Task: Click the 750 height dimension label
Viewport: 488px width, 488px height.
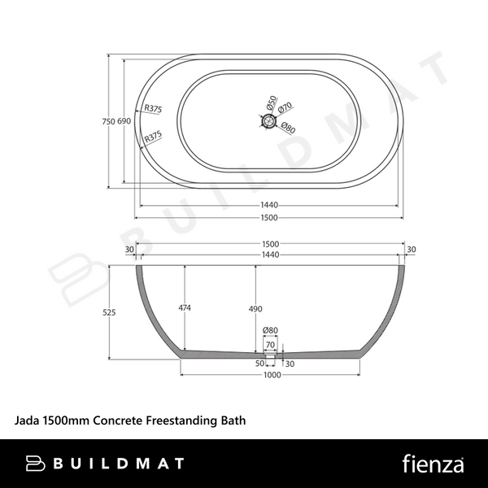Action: pos(109,121)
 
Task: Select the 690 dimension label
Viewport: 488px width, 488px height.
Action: pos(124,121)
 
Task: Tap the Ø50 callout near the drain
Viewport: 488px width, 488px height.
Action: pos(272,102)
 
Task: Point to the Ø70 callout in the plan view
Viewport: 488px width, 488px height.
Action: pos(285,107)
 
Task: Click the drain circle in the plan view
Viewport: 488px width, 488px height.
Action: pos(268,120)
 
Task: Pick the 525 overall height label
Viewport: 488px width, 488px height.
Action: pos(109,312)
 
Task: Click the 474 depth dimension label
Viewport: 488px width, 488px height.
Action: pos(185,307)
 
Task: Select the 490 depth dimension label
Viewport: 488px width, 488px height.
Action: pos(255,309)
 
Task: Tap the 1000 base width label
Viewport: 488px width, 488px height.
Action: pos(272,375)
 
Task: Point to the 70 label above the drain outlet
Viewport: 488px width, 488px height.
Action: pos(271,345)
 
